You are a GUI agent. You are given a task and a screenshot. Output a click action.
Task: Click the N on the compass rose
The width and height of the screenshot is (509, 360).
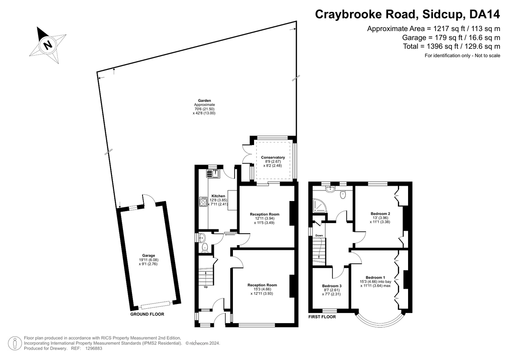point(48,45)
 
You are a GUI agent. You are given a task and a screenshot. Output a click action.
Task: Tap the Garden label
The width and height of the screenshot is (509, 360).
point(204,100)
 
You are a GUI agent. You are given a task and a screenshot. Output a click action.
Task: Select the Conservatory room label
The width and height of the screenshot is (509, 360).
point(273,157)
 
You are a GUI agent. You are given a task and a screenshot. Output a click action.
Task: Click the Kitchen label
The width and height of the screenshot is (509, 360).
point(218,196)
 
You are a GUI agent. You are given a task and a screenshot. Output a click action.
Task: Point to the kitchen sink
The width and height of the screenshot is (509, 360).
point(213,174)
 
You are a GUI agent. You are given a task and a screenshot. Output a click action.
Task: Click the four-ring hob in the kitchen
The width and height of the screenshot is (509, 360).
point(203,201)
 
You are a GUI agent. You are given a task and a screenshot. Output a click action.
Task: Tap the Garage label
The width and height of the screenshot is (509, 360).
point(148,256)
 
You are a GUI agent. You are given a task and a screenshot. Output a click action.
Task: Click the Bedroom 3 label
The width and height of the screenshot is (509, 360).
point(332,286)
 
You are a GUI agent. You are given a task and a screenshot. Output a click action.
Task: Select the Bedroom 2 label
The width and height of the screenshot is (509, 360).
point(380,214)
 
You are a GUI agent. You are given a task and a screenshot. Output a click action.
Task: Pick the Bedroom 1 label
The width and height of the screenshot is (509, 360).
point(375,278)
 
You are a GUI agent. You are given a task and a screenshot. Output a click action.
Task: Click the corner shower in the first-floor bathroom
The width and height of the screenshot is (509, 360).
point(319,206)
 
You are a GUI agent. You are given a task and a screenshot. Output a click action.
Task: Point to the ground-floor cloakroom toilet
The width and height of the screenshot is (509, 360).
point(205,248)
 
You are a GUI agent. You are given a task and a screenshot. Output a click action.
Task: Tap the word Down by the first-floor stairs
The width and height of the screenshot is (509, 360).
point(319,235)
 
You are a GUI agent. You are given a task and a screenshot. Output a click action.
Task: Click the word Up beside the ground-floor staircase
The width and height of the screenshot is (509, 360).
point(206,287)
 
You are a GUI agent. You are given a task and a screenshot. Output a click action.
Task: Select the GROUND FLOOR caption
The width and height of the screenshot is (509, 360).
point(147,314)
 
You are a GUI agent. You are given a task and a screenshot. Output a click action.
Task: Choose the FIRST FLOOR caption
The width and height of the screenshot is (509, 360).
point(322,317)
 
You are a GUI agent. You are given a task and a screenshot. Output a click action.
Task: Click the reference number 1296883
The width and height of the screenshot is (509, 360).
point(94,349)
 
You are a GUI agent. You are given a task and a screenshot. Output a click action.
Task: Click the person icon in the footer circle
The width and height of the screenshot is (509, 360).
point(15,343)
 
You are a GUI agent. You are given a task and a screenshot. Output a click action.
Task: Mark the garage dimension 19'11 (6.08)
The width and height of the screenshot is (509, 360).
point(149,260)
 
